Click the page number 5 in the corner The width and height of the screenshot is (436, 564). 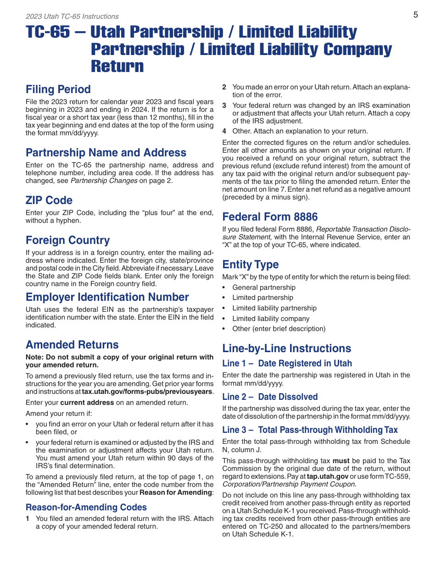415,15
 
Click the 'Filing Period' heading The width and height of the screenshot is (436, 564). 58,89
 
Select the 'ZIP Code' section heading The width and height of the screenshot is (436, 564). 49,200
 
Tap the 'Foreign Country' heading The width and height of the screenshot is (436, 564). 68,240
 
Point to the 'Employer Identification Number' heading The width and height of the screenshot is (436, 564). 107,297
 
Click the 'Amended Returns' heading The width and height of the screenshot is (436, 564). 72,345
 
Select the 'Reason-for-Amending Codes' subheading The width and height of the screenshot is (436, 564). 86,507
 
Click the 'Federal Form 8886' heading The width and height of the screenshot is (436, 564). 270,217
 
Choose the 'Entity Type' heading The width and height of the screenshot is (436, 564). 251,265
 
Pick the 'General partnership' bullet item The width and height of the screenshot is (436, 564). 264,288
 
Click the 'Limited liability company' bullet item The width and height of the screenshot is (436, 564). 271,319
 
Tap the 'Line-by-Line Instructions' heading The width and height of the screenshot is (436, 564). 287,348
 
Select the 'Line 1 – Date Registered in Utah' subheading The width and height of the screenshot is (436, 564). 287,364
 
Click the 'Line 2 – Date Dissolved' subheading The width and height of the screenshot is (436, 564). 270,397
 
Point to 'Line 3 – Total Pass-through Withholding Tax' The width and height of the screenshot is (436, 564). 310,430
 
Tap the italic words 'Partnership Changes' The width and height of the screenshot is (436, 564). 104,180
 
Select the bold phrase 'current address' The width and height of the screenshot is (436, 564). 87,403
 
